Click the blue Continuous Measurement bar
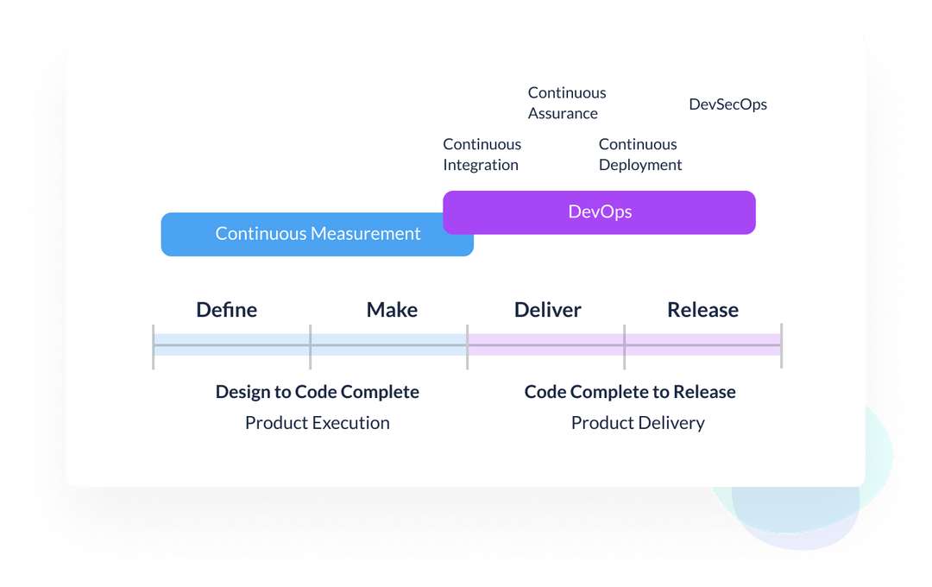click(x=318, y=234)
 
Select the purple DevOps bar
click(x=599, y=212)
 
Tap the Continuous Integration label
click(x=482, y=155)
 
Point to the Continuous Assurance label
click(x=567, y=103)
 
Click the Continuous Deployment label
click(x=640, y=155)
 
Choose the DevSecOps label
click(x=727, y=104)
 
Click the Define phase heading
click(x=227, y=310)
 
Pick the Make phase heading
click(x=392, y=310)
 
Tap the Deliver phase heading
click(x=548, y=310)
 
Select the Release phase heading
click(x=702, y=310)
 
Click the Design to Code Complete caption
click(x=318, y=392)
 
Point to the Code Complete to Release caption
click(x=630, y=392)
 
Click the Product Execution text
click(x=318, y=423)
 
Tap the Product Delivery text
click(x=638, y=423)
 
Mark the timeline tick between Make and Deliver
click(x=468, y=345)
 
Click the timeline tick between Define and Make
click(x=311, y=345)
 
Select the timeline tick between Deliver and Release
click(x=625, y=345)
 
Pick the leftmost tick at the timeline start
click(x=154, y=345)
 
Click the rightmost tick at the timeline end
click(x=782, y=345)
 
